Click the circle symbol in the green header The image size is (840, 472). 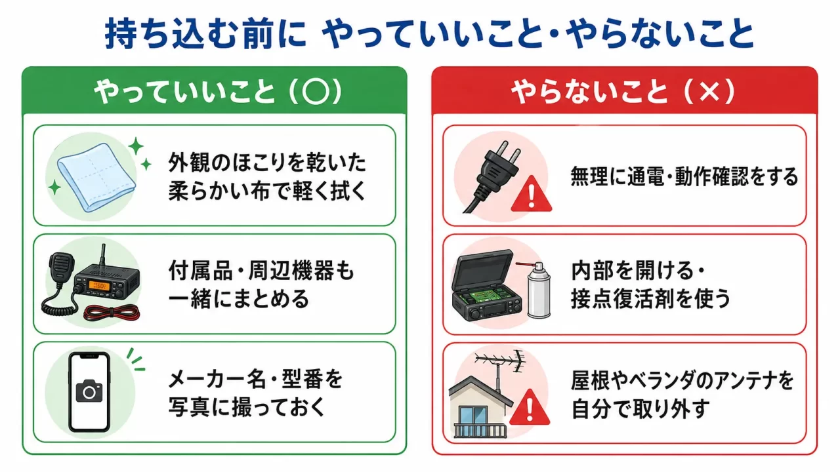point(316,91)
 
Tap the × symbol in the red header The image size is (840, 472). point(709,92)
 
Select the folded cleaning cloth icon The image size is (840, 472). point(96,177)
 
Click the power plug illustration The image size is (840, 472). point(492,176)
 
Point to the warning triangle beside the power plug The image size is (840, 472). point(531,195)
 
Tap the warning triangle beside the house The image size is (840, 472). point(530,408)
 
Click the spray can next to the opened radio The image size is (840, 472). point(539,290)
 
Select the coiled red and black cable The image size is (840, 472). point(112,313)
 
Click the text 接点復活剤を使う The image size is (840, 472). point(650,298)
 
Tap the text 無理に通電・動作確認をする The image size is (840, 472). point(684,176)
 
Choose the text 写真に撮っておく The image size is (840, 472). point(247,407)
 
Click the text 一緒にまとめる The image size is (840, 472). point(238,299)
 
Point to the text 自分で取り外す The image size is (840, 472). point(640,408)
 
